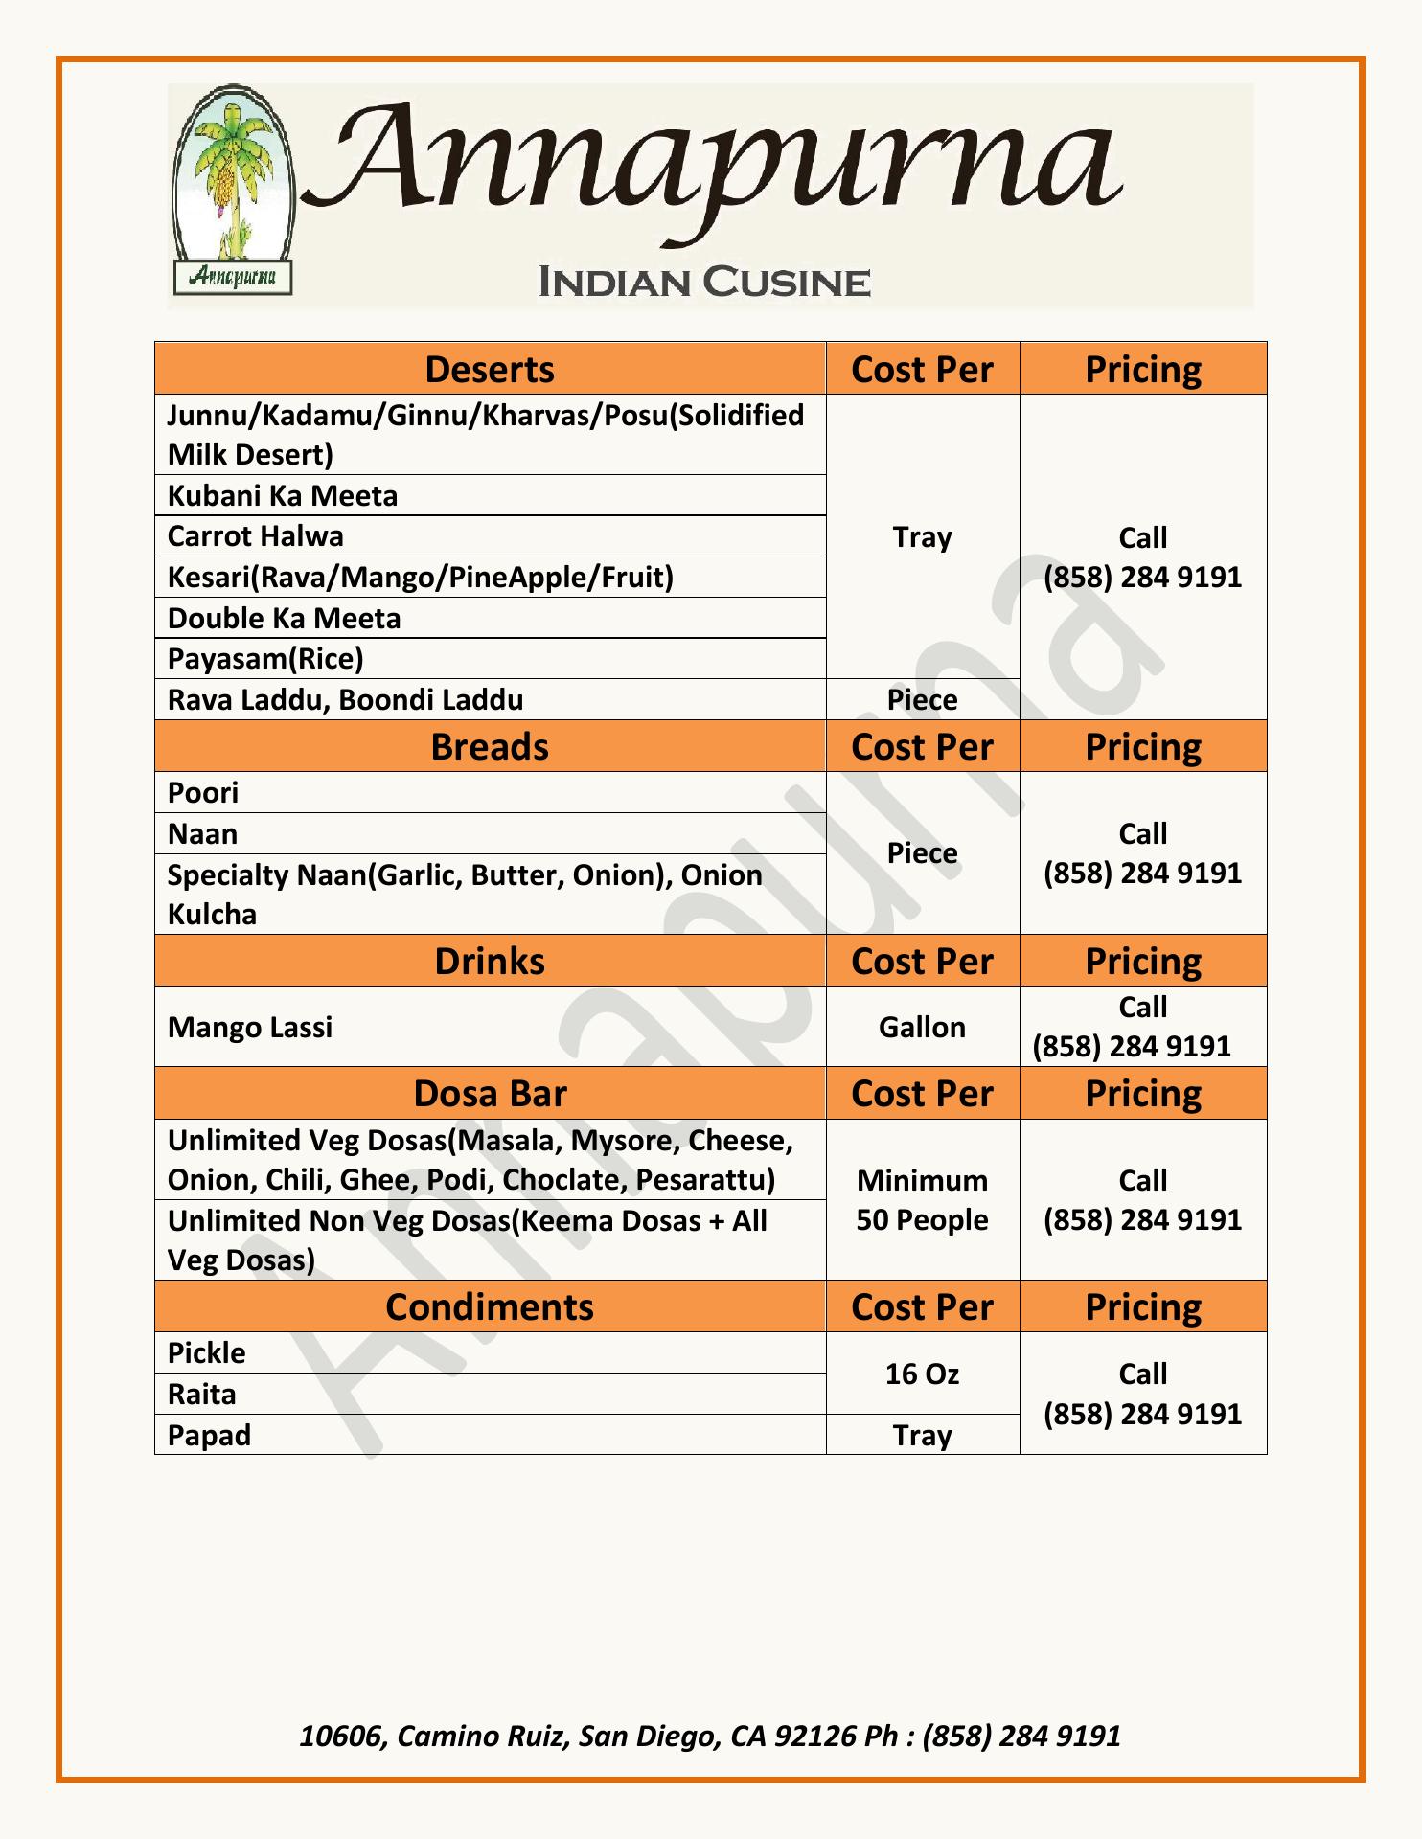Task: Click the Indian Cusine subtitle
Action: (x=704, y=283)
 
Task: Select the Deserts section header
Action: (x=490, y=369)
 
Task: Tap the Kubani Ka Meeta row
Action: (x=283, y=495)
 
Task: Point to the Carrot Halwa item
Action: (x=256, y=536)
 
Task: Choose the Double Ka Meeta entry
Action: (x=285, y=618)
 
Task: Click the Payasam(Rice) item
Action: (x=265, y=659)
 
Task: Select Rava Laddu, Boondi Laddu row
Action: (x=346, y=700)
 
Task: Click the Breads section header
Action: (x=490, y=746)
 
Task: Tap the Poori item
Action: (x=203, y=793)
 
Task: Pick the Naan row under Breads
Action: (x=203, y=834)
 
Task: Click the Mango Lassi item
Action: (x=250, y=1027)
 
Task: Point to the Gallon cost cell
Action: (x=922, y=1027)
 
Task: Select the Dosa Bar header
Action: (x=490, y=1094)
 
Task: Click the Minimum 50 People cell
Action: (x=922, y=1200)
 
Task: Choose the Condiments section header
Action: (x=490, y=1307)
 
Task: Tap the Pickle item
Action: (x=207, y=1353)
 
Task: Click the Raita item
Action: (x=202, y=1395)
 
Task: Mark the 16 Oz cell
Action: (x=922, y=1374)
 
